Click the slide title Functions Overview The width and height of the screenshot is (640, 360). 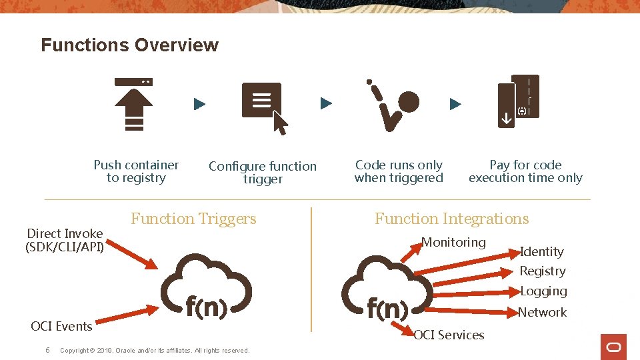point(129,45)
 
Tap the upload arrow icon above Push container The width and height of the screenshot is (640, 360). point(133,103)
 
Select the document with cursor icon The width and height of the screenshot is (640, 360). point(263,105)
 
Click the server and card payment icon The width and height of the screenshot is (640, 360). point(518,101)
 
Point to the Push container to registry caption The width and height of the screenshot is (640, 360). point(136,171)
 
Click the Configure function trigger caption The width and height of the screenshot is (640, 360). point(263,173)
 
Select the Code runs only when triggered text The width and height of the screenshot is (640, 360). point(399,171)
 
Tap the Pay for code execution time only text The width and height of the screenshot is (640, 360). point(525,171)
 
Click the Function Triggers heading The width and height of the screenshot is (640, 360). point(193,219)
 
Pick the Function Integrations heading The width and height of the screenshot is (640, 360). point(451,219)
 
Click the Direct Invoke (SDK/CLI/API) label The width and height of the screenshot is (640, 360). point(65,241)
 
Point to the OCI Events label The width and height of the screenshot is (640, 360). point(61,326)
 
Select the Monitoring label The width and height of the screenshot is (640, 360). point(454,242)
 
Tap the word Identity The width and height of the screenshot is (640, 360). point(541,251)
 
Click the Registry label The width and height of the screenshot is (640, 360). point(542,271)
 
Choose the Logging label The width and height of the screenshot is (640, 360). point(543,291)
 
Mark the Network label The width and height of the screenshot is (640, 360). point(542,312)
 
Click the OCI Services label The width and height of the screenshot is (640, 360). point(449,335)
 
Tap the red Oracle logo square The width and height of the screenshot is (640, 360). point(613,347)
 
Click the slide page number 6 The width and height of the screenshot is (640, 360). point(47,350)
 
